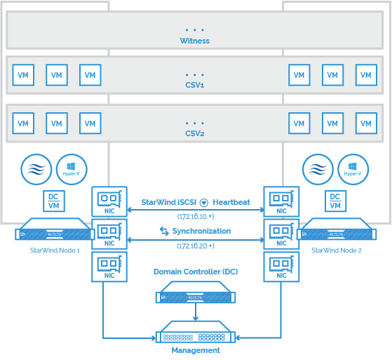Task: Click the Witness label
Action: pos(195,41)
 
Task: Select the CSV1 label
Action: pos(195,85)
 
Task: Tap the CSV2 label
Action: pos(195,133)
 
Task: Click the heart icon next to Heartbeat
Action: pos(204,202)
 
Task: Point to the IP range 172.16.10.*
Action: pos(196,216)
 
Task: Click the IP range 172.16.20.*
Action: pos(196,246)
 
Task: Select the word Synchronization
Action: pos(201,231)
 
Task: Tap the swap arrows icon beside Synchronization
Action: pos(164,231)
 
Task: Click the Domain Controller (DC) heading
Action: pos(196,272)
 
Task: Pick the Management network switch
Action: pos(196,332)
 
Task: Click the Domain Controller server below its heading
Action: pos(196,292)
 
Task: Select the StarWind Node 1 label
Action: pos(55,251)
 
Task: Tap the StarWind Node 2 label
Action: pos(337,251)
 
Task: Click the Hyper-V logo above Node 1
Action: pos(72,169)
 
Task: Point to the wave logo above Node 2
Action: pos(318,169)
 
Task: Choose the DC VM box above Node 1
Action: pos(54,201)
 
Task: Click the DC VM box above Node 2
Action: pos(335,201)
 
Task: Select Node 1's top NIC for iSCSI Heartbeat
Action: pos(109,201)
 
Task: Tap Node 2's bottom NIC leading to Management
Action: pos(281,267)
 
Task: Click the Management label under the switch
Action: pos(196,350)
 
